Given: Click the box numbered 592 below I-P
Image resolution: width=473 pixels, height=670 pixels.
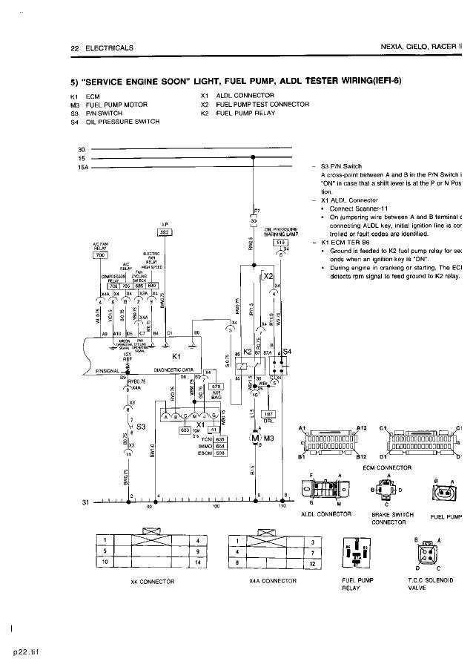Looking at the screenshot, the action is click(x=165, y=233).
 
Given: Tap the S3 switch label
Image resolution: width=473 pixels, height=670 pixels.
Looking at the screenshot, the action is click(x=141, y=425).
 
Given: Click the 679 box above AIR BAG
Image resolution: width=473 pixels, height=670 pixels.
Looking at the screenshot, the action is click(x=216, y=387).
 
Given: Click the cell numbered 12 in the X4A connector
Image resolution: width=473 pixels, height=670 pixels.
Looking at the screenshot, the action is click(x=314, y=564).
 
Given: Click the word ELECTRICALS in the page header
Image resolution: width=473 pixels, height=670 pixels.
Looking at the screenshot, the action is click(x=110, y=48).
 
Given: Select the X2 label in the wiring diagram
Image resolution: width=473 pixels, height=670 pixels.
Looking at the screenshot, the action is click(x=268, y=276).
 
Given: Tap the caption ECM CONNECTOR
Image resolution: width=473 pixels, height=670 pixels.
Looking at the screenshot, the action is click(x=387, y=467).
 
